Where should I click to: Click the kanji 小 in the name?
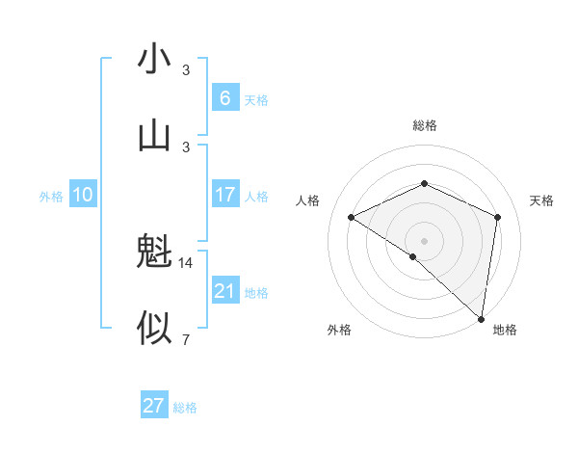coord(154,59)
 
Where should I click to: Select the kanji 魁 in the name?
coord(154,253)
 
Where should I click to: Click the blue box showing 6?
coord(225,97)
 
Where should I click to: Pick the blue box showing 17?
coord(225,195)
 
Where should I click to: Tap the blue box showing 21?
coord(225,290)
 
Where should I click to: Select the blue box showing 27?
coord(154,406)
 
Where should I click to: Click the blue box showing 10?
coord(83,195)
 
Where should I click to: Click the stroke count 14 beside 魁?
coord(186,262)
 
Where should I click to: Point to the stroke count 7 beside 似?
coord(186,338)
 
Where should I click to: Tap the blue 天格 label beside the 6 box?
coord(256,100)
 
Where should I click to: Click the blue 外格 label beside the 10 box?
coord(51,197)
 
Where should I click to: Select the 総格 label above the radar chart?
coord(425,125)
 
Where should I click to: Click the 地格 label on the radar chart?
coord(505,330)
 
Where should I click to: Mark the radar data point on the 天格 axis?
coord(498,217)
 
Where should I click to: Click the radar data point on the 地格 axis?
coord(482,319)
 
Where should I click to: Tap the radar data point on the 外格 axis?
coord(413,256)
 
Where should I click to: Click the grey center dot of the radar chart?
coord(425,240)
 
